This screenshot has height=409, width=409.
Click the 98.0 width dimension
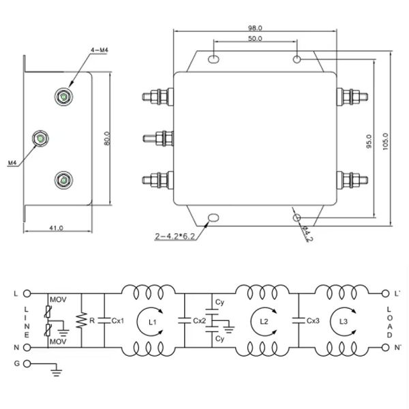point(256,28)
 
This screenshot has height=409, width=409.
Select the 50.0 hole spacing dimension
point(256,40)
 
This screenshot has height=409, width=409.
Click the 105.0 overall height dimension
point(386,142)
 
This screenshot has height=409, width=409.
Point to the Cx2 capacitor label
point(199,319)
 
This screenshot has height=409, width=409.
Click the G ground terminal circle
point(27,364)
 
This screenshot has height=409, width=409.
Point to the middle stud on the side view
point(40,140)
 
